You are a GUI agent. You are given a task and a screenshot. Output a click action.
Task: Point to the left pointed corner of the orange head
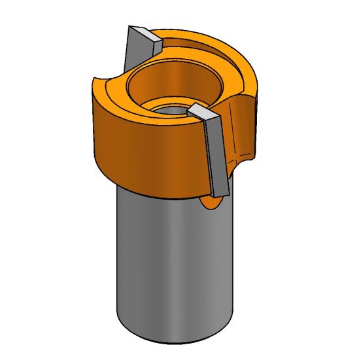(94, 82)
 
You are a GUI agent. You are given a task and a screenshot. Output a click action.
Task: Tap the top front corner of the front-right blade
(190, 112)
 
